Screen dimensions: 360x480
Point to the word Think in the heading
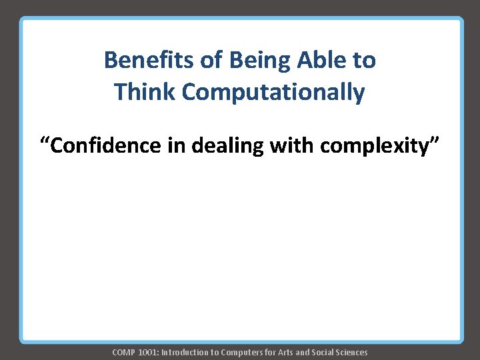click(144, 92)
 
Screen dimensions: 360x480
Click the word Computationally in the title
click(273, 93)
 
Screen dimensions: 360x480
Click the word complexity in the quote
click(371, 146)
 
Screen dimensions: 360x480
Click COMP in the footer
click(123, 352)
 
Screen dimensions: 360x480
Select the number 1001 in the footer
click(147, 352)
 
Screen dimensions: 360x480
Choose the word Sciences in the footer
click(350, 352)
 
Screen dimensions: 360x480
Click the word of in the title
click(212, 61)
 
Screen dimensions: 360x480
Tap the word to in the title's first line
click(364, 61)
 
